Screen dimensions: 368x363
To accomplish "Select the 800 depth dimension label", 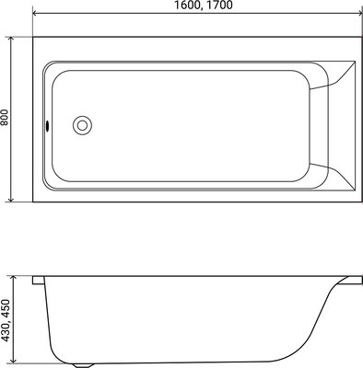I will pos(6,118).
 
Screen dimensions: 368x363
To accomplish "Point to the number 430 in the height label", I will pos(6,340).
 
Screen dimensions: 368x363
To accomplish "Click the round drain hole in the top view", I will pos(83,125).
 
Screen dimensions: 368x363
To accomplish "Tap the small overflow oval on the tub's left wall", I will pos(44,126).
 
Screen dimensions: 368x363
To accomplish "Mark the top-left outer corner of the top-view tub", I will pos(33,37).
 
